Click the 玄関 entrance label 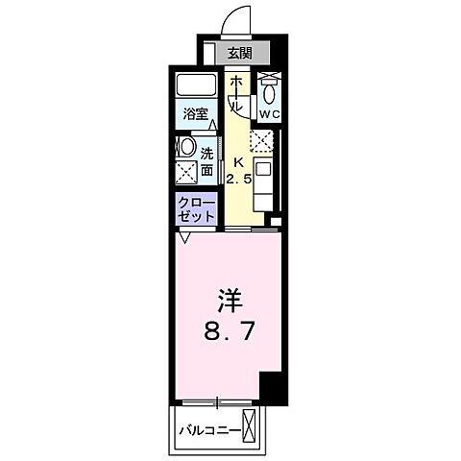pyautogui.click(x=241, y=54)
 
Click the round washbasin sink pyautogui.click(x=186, y=149)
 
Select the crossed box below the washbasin pyautogui.click(x=186, y=173)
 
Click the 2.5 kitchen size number pyautogui.click(x=237, y=178)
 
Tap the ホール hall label pyautogui.click(x=235, y=95)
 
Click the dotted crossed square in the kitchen pyautogui.click(x=262, y=141)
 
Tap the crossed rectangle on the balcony pyautogui.click(x=253, y=426)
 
